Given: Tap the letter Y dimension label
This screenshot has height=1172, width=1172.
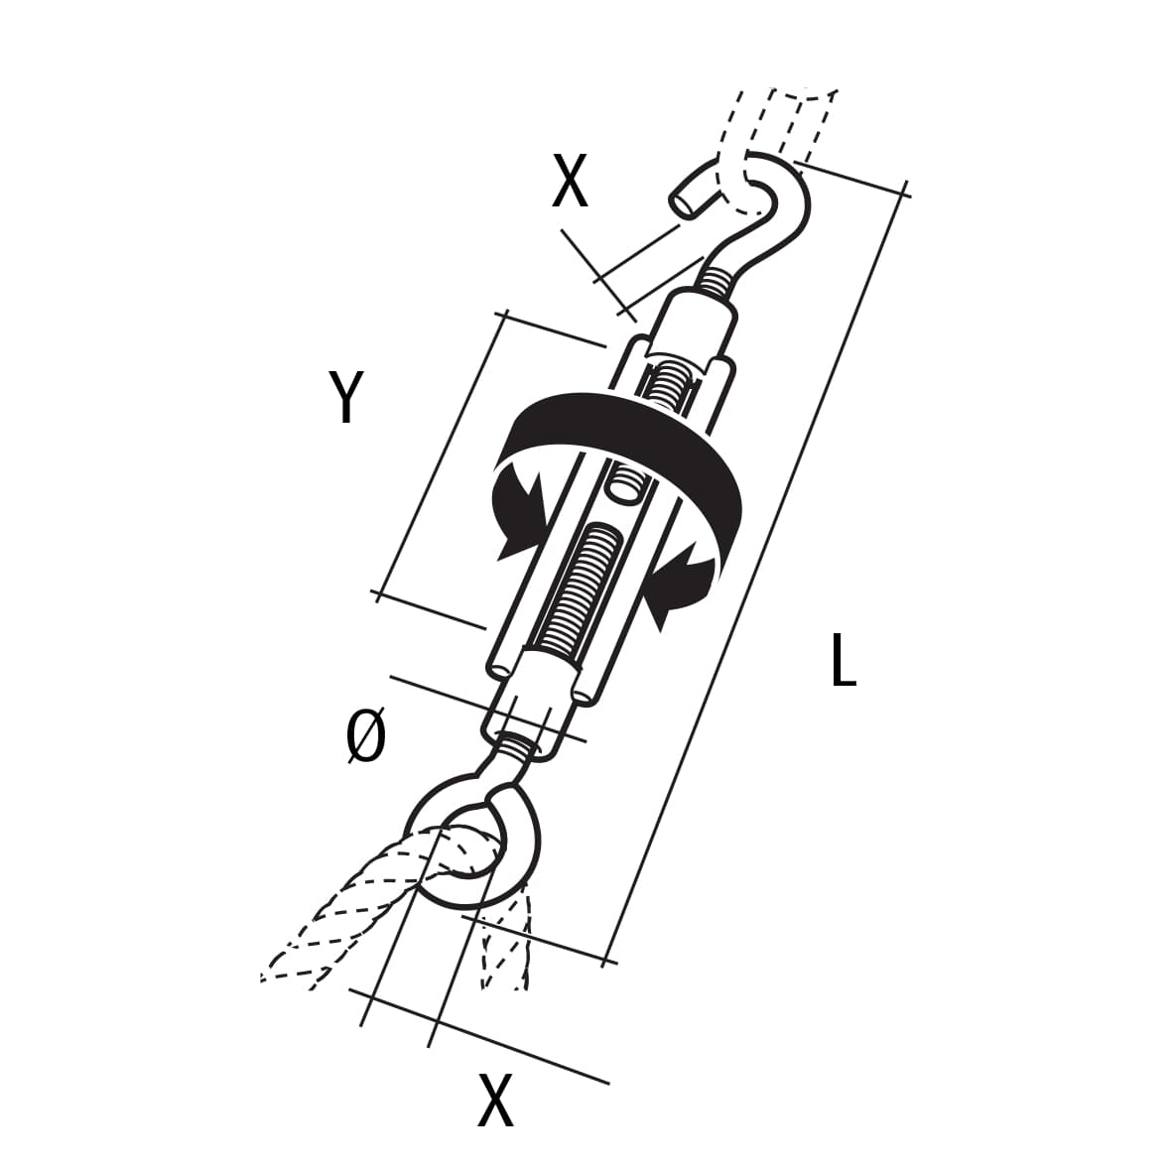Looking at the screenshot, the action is [x=346, y=396].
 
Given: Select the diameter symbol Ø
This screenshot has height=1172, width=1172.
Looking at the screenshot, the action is [x=367, y=735].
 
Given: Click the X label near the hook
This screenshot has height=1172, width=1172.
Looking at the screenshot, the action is [x=570, y=181].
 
